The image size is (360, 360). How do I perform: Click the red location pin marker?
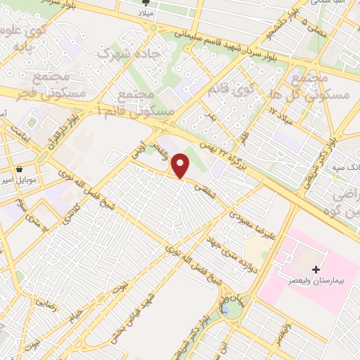181,166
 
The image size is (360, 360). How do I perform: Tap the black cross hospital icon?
316,269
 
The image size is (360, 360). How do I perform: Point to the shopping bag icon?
19,169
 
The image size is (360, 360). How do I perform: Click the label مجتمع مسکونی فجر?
58,84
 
